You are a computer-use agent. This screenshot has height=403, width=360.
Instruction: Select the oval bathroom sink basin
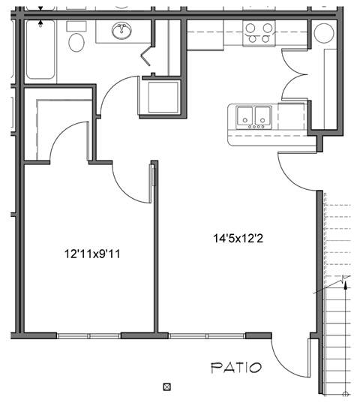[x=120, y=32]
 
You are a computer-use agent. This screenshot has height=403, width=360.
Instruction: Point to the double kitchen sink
[x=253, y=117]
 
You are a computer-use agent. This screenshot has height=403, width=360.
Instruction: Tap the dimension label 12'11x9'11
[x=92, y=254]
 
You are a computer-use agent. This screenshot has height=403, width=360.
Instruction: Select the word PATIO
[x=235, y=368]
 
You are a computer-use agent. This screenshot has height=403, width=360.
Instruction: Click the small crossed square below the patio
[x=167, y=387]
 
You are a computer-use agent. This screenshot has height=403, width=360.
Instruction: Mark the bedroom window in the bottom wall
[x=88, y=335]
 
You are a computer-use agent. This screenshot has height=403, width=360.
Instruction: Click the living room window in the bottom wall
[x=207, y=335]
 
